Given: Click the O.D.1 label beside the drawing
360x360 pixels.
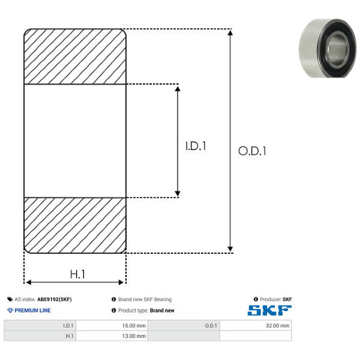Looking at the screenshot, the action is click(x=252, y=151).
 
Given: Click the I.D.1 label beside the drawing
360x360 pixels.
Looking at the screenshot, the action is click(x=196, y=146).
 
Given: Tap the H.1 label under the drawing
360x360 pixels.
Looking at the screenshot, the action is click(x=77, y=274).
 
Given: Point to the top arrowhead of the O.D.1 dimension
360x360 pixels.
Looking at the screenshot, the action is click(x=230, y=32).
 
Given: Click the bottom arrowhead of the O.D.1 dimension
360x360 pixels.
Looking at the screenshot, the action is click(x=230, y=249).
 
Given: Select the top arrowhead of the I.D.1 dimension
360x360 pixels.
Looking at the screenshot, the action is click(x=178, y=89).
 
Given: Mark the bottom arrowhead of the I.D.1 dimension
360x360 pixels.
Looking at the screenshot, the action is click(x=178, y=194).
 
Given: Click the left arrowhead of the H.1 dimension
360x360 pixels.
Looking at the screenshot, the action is click(x=28, y=282).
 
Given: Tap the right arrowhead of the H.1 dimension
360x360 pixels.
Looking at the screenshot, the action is click(x=121, y=282).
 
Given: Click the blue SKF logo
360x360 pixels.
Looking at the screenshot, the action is click(x=269, y=310).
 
